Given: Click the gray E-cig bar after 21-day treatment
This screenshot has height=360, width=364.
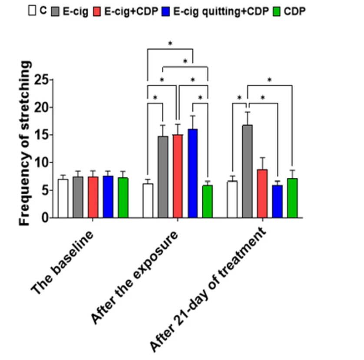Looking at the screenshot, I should pyautogui.click(x=248, y=171).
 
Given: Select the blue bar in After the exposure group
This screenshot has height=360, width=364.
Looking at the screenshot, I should pyautogui.click(x=193, y=173).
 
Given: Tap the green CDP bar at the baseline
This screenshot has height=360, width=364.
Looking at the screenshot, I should pyautogui.click(x=123, y=198).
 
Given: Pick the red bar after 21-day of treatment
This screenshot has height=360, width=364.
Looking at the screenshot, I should pyautogui.click(x=262, y=193).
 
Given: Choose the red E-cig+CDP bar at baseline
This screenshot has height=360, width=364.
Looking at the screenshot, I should pyautogui.click(x=93, y=197).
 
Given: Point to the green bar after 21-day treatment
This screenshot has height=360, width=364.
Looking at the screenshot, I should pyautogui.click(x=292, y=198).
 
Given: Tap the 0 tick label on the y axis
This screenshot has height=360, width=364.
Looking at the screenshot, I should pyautogui.click(x=45, y=218).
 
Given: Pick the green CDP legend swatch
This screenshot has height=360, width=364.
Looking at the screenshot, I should pyautogui.click(x=276, y=11).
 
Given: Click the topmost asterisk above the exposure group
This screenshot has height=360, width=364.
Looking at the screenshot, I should pyautogui.click(x=170, y=44).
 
